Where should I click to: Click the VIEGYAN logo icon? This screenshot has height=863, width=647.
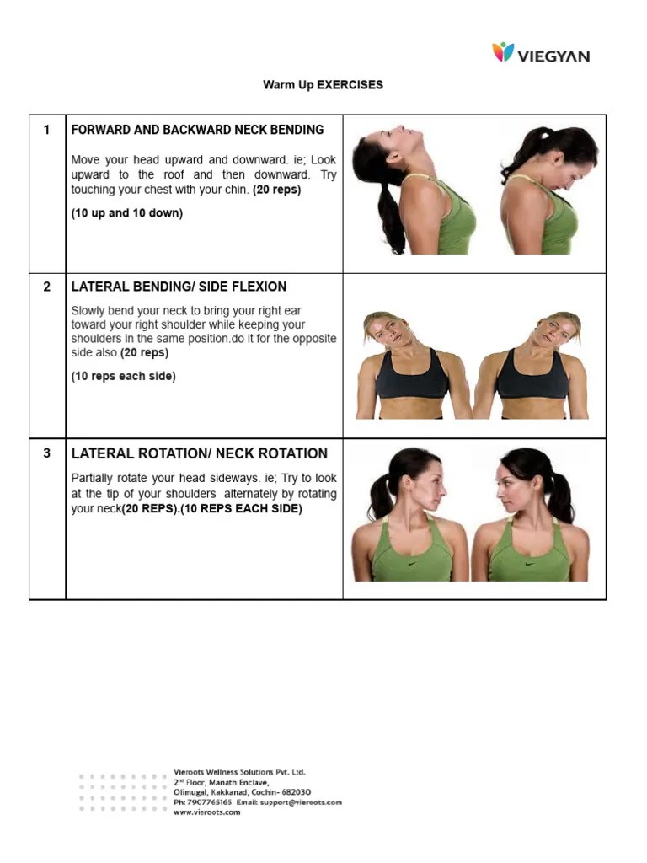tap(503, 52)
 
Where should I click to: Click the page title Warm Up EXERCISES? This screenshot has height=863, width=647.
tap(323, 85)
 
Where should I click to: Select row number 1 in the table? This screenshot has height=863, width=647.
tap(47, 130)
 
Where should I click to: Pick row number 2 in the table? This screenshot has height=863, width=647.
tap(47, 287)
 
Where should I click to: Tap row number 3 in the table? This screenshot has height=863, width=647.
tap(47, 453)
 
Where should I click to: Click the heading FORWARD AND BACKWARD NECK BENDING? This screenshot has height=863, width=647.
tap(197, 130)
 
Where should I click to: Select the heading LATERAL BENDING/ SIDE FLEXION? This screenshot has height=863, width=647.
tap(179, 287)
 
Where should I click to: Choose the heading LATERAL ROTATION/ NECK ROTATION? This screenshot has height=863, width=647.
tap(200, 453)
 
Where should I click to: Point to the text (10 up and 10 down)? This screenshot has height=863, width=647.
tap(126, 213)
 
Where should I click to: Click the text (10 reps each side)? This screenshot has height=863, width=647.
tap(123, 377)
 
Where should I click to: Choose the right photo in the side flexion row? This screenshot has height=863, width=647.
tap(531, 365)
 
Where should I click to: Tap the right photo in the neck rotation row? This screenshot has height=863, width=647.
tap(531, 514)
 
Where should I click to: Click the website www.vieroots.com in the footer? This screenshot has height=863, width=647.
tap(206, 812)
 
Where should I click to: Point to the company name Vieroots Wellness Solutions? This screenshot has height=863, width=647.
tap(239, 772)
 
